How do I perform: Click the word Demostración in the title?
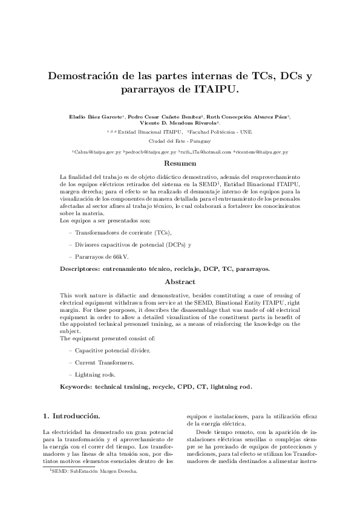pos(91,77)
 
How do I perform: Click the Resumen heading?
pos(180,164)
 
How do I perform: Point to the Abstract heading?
pos(180,282)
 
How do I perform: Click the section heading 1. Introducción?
pos(71,417)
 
